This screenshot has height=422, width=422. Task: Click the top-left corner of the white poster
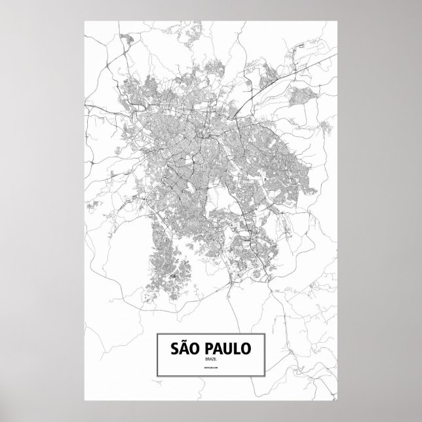(x=85, y=21)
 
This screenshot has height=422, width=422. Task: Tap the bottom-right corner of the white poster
(x=337, y=400)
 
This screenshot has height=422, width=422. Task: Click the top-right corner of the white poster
(x=337, y=21)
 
